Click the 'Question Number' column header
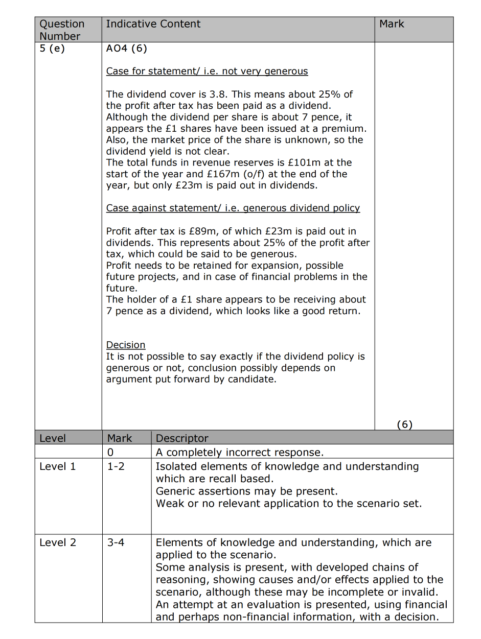[62, 30]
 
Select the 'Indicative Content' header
[153, 24]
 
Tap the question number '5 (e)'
[52, 49]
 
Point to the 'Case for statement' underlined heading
[207, 72]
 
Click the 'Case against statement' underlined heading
[233, 208]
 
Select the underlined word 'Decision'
[126, 345]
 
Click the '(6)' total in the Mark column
[404, 424]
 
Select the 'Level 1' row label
[57, 466]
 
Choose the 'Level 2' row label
[58, 542]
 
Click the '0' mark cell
[110, 452]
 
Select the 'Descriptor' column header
[182, 438]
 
